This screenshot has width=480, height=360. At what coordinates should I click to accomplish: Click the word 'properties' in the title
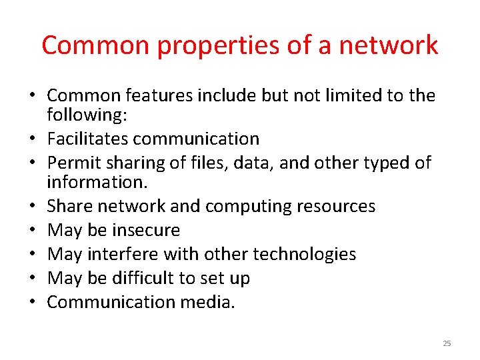point(195,45)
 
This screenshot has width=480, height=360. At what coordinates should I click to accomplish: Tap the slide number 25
point(447,343)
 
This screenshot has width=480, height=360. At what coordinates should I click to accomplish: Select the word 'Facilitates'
point(88,139)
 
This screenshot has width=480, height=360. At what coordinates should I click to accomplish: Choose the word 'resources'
point(339,206)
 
